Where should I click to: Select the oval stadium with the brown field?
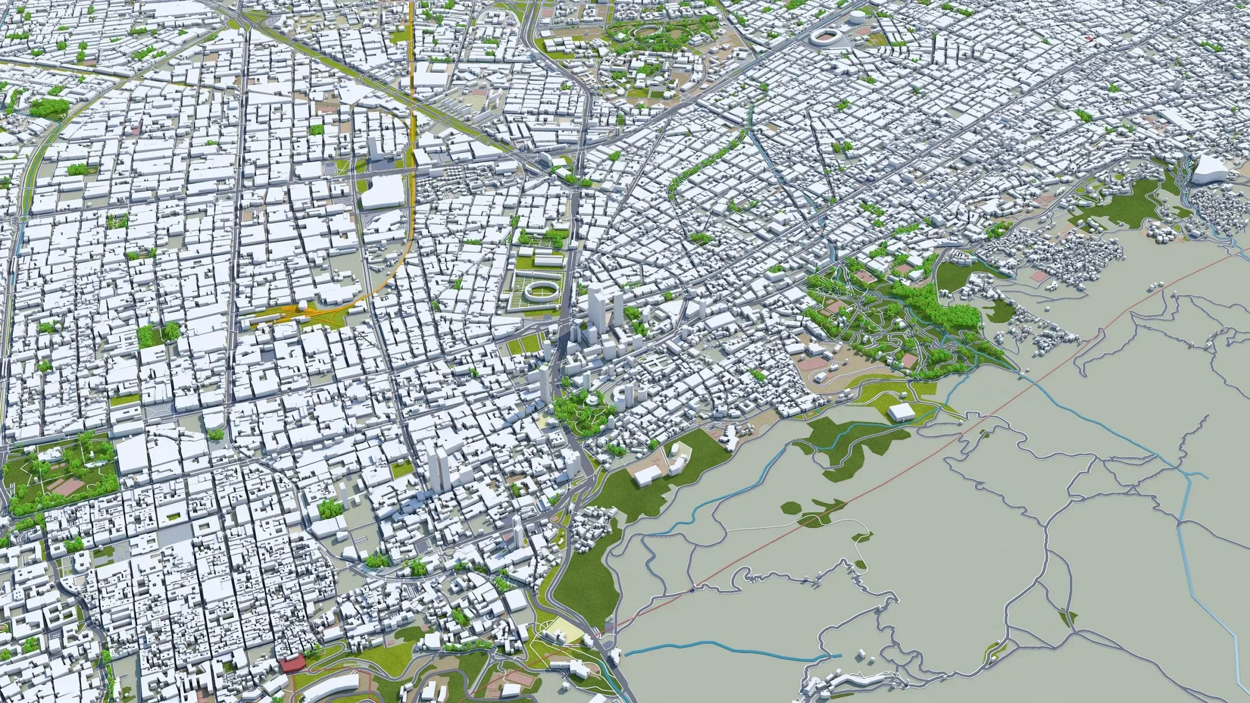[828, 38]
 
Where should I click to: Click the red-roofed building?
[293, 664]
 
